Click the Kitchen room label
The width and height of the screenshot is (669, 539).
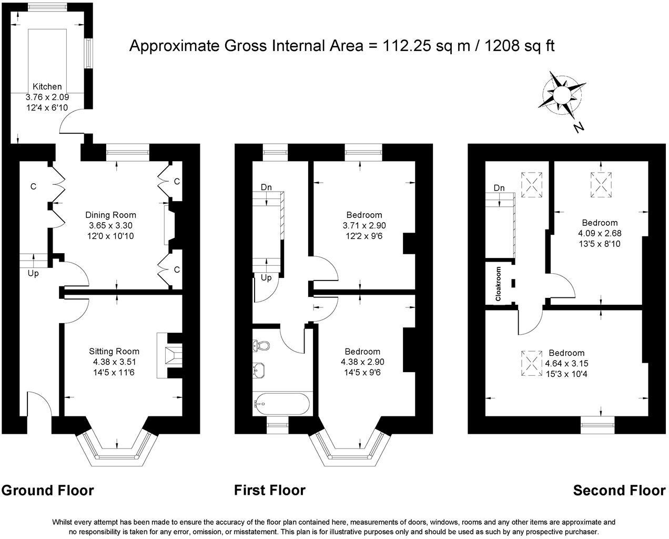pos(47,87)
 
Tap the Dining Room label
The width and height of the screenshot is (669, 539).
pos(110,215)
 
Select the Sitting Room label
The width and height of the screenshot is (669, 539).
pos(114,352)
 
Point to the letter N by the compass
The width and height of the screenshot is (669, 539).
pos(579,127)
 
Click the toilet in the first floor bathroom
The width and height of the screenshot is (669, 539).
pos(261,346)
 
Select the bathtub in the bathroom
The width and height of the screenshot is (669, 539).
pos(282,404)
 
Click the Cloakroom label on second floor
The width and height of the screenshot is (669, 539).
pos(498,284)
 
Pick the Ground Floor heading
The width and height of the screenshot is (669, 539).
pos(47,491)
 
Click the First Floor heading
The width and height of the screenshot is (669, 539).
pos(270,491)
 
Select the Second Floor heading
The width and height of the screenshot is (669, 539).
pos(619,491)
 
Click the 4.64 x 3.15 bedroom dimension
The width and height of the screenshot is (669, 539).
pos(566,364)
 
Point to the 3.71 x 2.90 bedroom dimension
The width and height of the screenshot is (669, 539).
pos(364,225)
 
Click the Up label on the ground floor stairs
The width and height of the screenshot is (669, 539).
pos(33,274)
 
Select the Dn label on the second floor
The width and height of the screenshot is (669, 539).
pos(499,188)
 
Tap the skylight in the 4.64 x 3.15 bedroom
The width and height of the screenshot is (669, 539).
pos(532,363)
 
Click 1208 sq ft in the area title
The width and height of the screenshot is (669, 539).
pos(519,46)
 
